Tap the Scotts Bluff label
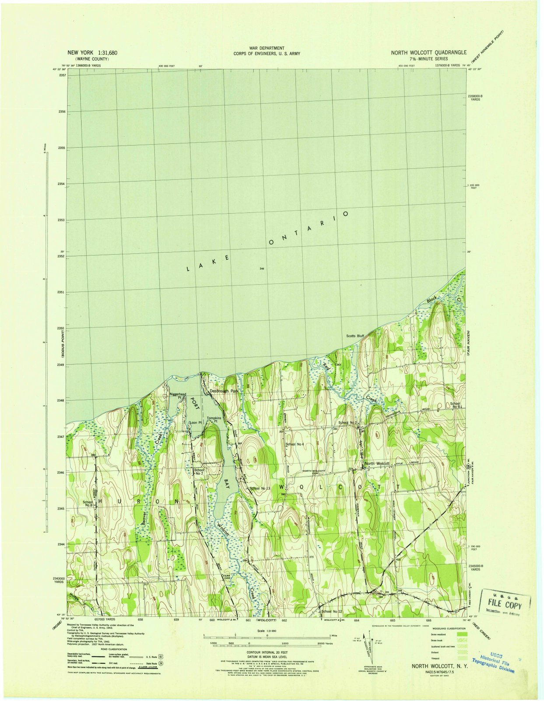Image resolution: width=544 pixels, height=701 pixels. (355, 336)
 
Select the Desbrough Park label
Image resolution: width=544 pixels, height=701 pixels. (224, 390)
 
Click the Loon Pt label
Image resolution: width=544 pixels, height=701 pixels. (195, 423)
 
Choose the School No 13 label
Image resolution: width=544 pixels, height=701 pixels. (260, 488)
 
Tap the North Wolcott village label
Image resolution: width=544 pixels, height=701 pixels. (377, 463)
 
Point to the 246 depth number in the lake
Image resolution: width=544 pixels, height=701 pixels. (262, 268)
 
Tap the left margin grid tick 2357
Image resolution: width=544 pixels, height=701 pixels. (62, 75)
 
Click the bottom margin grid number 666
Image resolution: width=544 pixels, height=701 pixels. (428, 620)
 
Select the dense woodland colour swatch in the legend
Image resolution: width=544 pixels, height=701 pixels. (461, 634)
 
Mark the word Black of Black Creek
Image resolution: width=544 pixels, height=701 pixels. (432, 301)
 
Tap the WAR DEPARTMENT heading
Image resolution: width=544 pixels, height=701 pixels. (267, 48)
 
